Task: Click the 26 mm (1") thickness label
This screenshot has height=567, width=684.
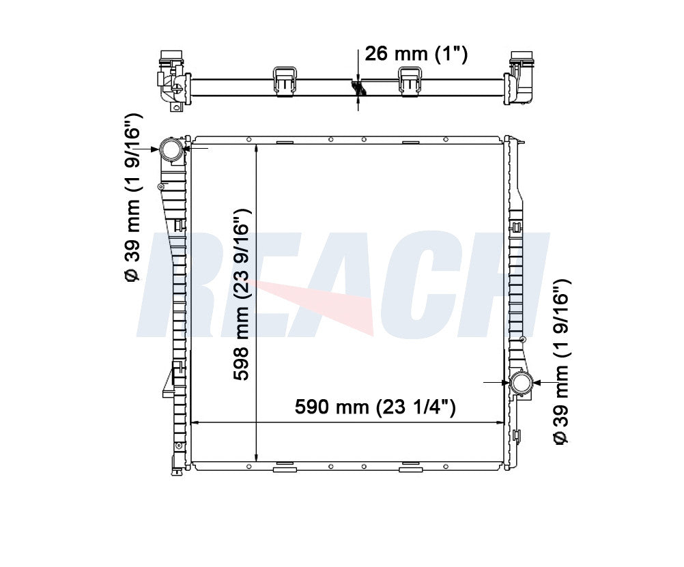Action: tap(416, 54)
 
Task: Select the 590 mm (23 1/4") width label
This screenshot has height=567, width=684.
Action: tap(375, 407)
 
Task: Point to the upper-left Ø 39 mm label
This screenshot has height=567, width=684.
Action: tap(133, 198)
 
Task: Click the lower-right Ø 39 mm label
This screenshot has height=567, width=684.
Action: tap(561, 362)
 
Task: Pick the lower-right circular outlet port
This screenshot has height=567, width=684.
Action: tap(522, 383)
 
